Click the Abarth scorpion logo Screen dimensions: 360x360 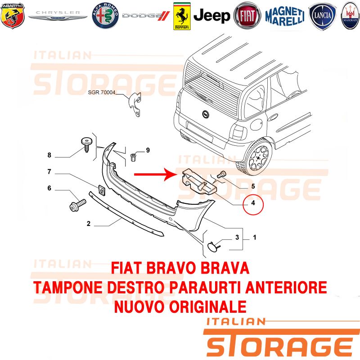click(13, 16)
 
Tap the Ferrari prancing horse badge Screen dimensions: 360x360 click(182, 16)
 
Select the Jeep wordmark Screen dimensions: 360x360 click(211, 16)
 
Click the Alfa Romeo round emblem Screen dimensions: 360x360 click(105, 16)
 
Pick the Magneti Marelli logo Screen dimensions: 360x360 click(285, 16)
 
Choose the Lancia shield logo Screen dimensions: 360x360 click(322, 16)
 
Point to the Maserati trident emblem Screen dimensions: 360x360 click(351, 16)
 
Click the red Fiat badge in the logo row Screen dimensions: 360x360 click(247, 16)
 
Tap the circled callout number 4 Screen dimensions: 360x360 click(253, 203)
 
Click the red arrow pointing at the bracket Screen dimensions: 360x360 click(154, 175)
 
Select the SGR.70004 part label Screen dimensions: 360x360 click(102, 92)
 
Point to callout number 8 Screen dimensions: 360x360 click(49, 155)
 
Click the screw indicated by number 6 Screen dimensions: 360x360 click(77, 205)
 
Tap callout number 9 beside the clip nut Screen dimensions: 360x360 click(148, 150)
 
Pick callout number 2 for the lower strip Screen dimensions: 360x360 click(89, 223)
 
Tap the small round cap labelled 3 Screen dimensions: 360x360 click(212, 246)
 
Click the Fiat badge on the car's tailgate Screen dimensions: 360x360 click(206, 114)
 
